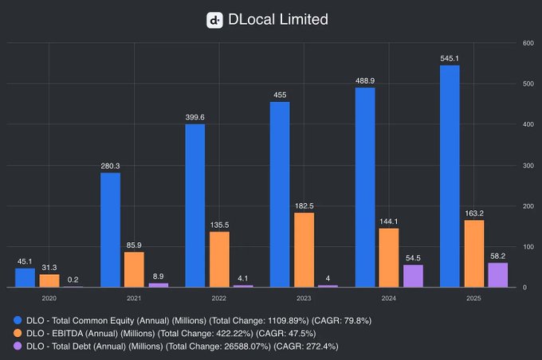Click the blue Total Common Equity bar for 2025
click(450, 175)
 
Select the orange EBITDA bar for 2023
click(304, 249)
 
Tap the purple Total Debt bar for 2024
click(413, 276)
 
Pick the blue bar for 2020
click(26, 277)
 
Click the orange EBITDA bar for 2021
click(135, 269)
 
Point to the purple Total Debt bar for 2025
click(497, 275)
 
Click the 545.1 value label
click(450, 57)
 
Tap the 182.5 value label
click(304, 205)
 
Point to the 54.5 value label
click(413, 257)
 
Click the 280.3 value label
click(111, 166)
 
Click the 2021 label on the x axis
click(135, 297)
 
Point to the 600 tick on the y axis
click(528, 43)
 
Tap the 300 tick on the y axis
click(528, 166)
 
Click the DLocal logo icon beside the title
click(214, 20)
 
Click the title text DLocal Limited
click(278, 20)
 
